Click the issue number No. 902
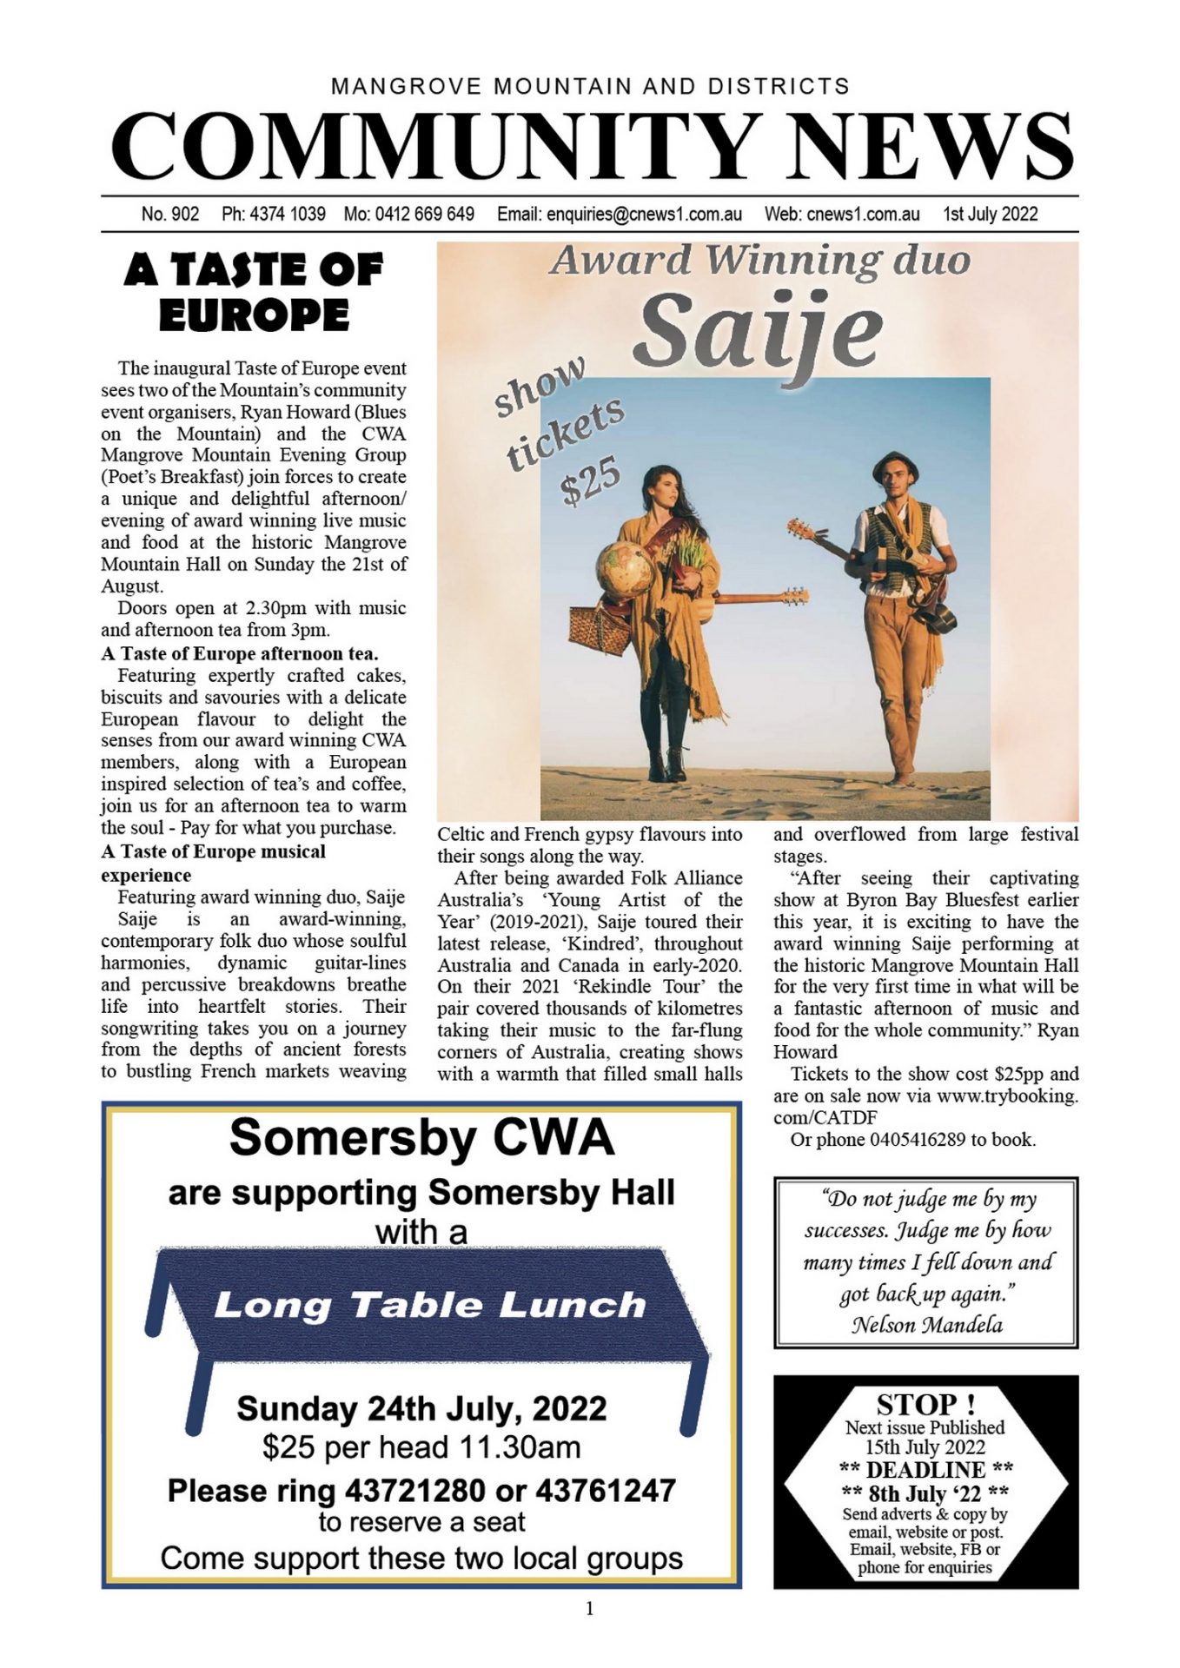point(170,214)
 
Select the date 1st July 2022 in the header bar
point(991,214)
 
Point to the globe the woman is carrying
point(623,571)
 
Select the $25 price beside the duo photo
point(591,480)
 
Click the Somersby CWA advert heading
point(421,1137)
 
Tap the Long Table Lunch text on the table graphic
point(430,1305)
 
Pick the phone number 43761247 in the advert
point(606,1491)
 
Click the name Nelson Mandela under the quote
point(926,1325)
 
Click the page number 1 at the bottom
point(590,1609)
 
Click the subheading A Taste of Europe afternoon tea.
point(240,653)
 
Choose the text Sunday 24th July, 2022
point(421,1408)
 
